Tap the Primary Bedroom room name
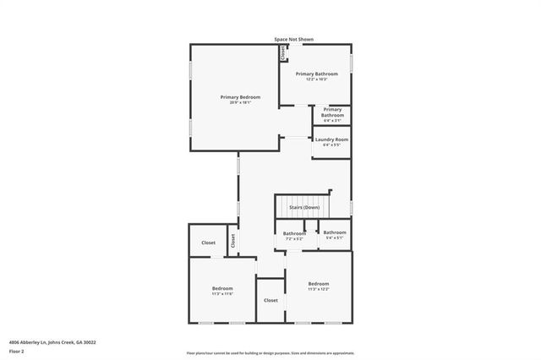(240, 97)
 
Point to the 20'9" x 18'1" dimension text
(240, 103)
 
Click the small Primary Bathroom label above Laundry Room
(332, 112)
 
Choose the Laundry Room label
(332, 139)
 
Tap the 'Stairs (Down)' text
(304, 207)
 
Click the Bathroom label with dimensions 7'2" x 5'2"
(294, 233)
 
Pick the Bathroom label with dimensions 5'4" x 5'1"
(334, 232)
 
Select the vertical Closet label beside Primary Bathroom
(283, 53)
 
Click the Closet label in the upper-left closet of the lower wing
(208, 243)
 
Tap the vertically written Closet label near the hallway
(232, 241)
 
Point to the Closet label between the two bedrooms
(270, 300)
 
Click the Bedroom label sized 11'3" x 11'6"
(221, 288)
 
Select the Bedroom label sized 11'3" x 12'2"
(318, 283)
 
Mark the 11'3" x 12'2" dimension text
(318, 289)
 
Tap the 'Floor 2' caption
(16, 350)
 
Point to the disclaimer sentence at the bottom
(270, 353)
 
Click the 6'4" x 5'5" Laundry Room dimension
(332, 145)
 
